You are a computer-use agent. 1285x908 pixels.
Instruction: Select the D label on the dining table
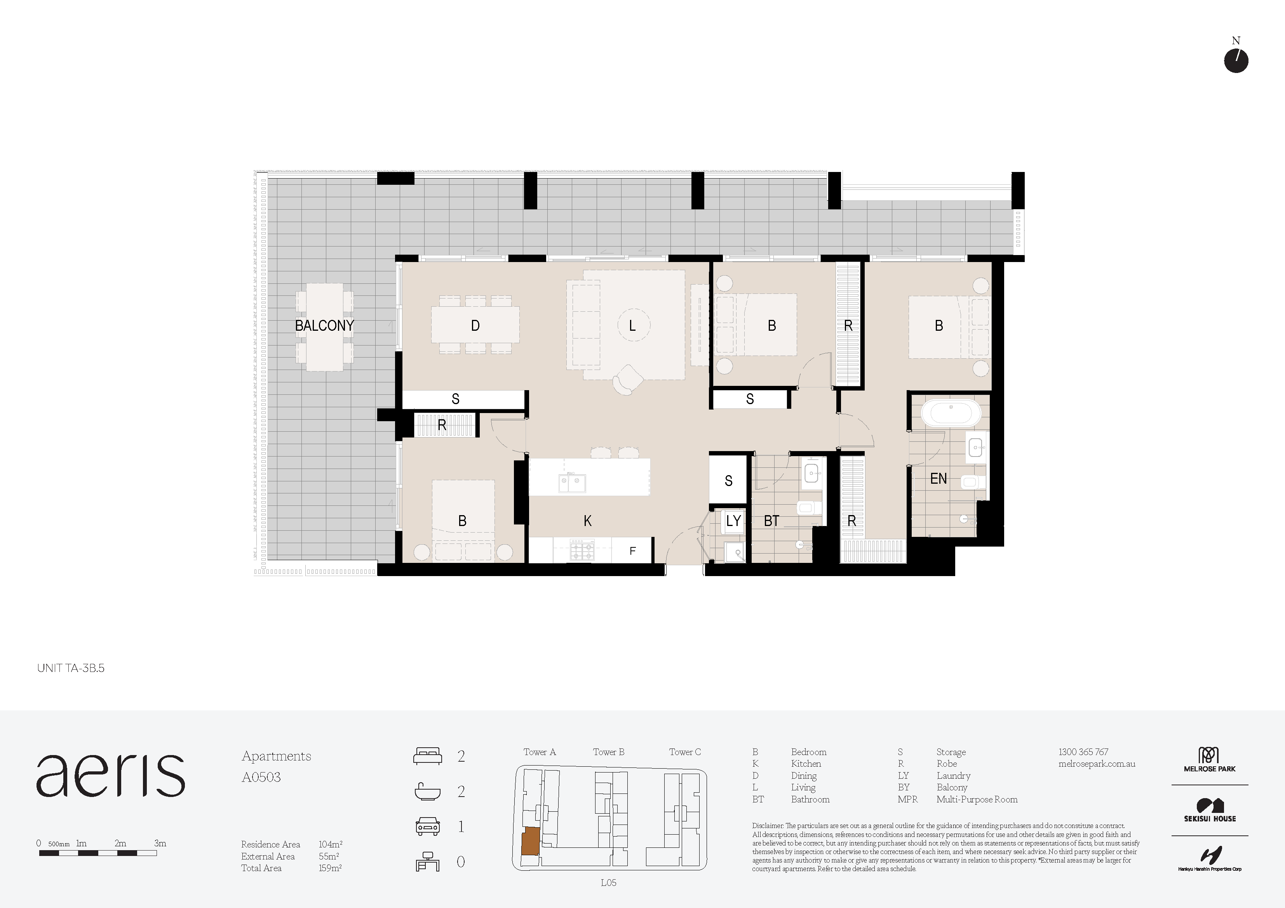475,326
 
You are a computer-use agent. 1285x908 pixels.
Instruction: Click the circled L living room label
633,325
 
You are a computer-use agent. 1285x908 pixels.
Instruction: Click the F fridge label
632,551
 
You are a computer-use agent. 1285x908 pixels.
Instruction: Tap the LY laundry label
733,521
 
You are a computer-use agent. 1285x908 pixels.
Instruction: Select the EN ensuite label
939,478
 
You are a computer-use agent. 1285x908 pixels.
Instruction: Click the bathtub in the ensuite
951,413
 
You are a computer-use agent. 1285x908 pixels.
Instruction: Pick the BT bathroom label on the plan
772,521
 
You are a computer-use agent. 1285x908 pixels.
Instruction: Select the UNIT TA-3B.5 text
71,668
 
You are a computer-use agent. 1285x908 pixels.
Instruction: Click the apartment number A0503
261,777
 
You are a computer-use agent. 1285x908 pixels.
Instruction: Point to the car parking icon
428,826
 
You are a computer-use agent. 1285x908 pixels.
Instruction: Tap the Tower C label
685,752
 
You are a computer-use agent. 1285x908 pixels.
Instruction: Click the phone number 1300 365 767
1083,752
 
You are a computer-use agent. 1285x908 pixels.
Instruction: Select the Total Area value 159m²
330,868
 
